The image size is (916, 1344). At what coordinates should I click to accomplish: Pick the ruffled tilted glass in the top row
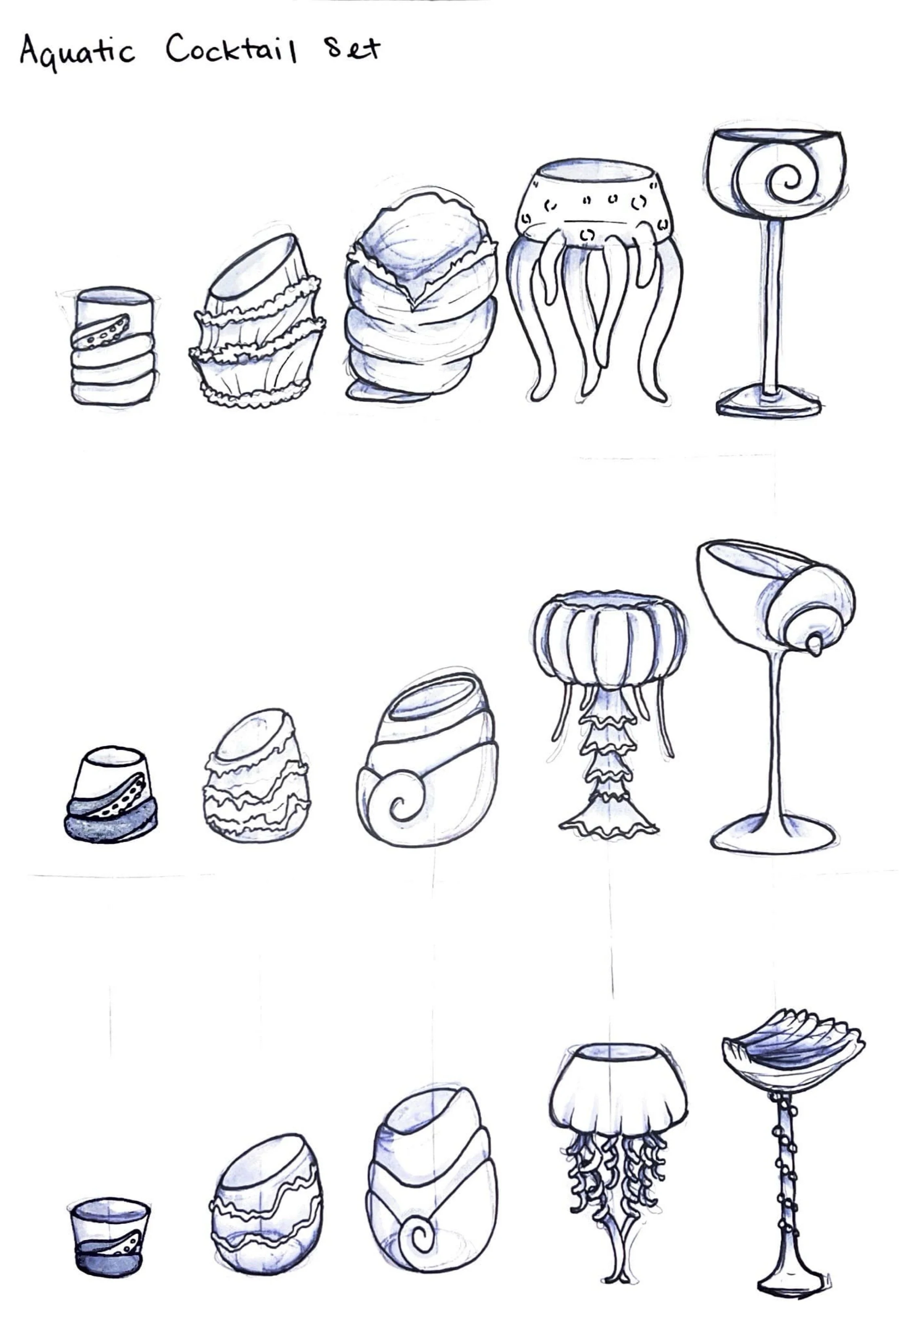(257, 324)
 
